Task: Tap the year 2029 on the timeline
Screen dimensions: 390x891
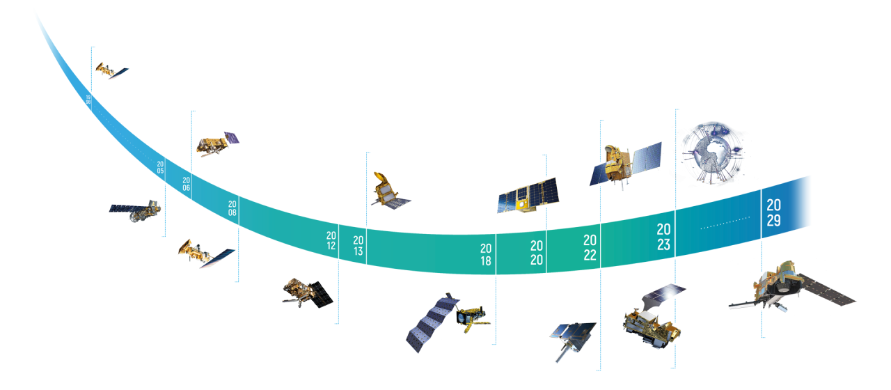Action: [773, 213]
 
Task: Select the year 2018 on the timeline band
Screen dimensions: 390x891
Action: [485, 255]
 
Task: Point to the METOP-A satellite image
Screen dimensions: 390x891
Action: [216, 145]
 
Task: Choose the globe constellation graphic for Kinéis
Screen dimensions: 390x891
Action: [709, 152]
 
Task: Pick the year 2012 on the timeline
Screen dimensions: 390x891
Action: [331, 241]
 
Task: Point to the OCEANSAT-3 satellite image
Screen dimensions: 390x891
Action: [624, 165]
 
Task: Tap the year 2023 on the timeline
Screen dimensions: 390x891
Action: [663, 237]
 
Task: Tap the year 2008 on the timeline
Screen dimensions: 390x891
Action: [232, 208]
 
